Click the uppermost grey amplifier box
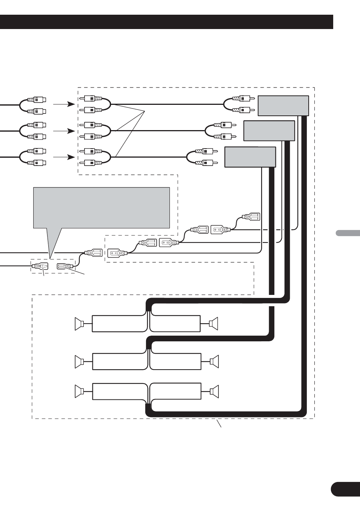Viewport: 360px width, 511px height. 283,106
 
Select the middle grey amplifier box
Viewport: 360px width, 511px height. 269,130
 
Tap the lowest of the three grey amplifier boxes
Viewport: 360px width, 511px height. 250,157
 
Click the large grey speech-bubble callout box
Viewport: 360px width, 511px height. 102,208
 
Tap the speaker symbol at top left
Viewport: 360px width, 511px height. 80,324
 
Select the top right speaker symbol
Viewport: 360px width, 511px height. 214,324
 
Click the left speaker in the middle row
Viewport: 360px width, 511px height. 80,362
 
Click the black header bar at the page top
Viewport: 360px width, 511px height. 166,22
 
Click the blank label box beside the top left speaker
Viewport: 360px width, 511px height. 119,324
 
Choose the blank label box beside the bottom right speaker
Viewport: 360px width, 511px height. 175,391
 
